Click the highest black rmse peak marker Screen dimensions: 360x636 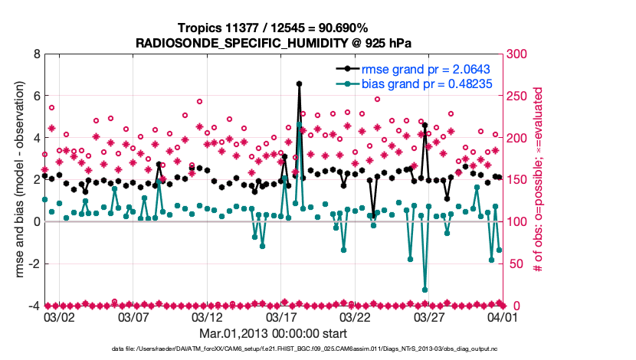[299, 83]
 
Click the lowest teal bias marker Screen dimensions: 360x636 [425, 290]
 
